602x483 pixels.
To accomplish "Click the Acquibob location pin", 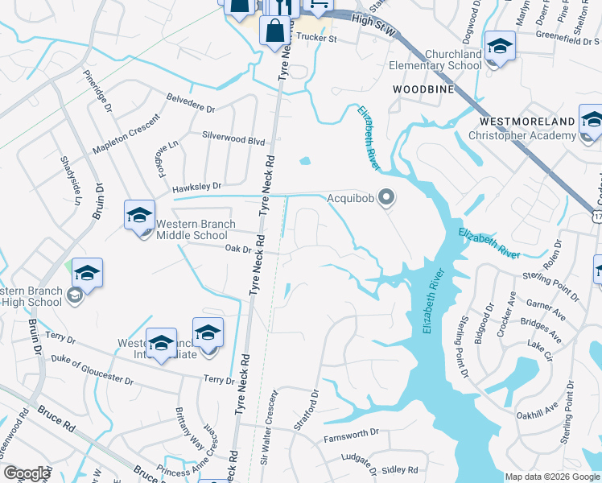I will [x=387, y=197].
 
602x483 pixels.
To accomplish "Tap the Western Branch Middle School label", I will [x=196, y=229].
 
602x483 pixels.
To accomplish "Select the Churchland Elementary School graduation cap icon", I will [x=499, y=45].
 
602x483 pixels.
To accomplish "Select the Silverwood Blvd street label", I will [x=233, y=139].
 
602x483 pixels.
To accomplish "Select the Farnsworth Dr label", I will [x=351, y=434].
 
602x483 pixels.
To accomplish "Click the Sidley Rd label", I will [x=400, y=469].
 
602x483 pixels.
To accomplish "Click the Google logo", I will [x=26, y=473].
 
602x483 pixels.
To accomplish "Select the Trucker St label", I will [x=315, y=37].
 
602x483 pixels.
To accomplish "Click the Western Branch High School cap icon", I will [x=87, y=272].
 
